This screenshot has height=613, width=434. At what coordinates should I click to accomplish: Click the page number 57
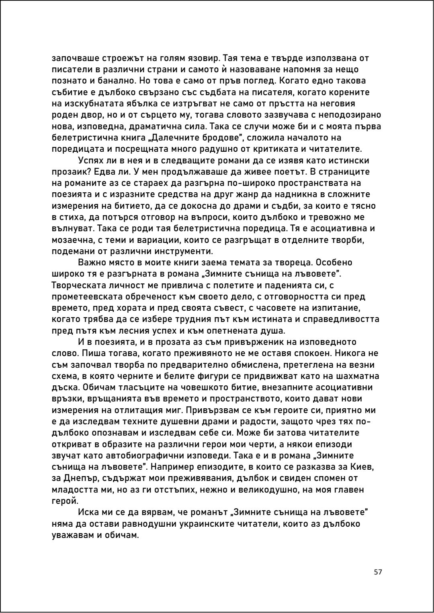pos(377,572)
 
